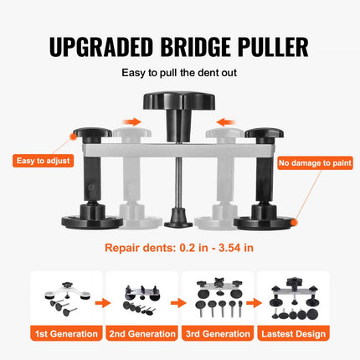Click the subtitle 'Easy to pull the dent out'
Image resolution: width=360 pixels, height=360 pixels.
[x=180, y=74]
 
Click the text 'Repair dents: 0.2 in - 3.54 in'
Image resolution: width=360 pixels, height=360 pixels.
[x=180, y=249]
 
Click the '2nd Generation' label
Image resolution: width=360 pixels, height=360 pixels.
[x=141, y=334]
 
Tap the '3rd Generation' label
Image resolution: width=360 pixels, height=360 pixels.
[x=217, y=334]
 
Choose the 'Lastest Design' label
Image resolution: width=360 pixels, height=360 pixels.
[x=293, y=334]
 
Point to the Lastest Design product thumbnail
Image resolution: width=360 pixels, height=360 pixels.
[x=293, y=297]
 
